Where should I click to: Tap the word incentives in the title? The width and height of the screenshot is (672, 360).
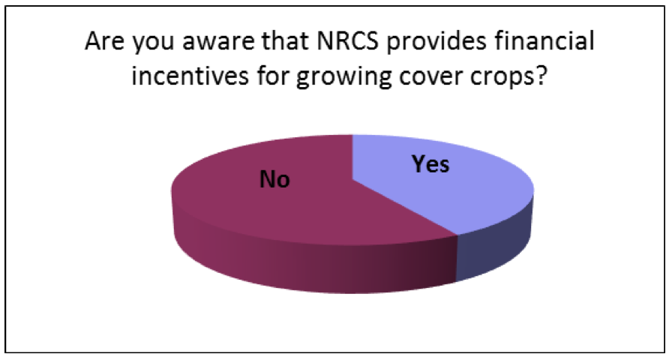(x=190, y=76)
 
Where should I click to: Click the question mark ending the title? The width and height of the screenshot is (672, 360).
(x=541, y=75)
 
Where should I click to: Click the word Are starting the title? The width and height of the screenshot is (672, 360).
(x=106, y=41)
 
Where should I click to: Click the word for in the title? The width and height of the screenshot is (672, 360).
(x=272, y=76)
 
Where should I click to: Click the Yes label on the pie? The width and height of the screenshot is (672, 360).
(x=430, y=164)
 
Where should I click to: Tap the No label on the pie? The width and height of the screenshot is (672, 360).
(x=274, y=179)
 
